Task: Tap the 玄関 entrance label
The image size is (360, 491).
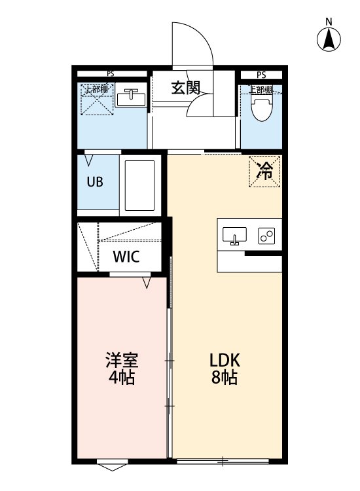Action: click(186, 88)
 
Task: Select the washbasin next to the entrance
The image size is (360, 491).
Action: click(130, 98)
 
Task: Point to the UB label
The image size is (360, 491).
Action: click(96, 182)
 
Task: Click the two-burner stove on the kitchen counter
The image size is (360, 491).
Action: click(266, 235)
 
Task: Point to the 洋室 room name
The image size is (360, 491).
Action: click(122, 360)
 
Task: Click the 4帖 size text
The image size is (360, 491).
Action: click(122, 378)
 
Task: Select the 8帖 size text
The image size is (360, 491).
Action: click(225, 378)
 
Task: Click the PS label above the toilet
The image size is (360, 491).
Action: click(261, 75)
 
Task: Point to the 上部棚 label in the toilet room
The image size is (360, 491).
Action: click(261, 90)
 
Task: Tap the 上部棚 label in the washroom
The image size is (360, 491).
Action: click(97, 88)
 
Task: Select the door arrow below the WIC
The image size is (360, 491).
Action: click(147, 283)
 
